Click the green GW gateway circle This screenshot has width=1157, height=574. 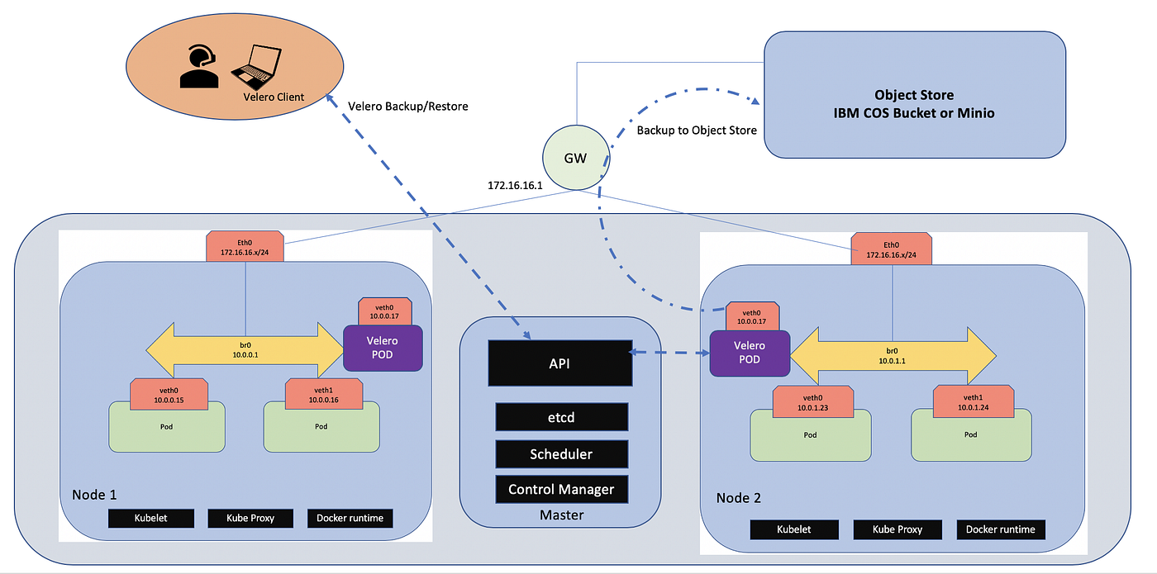point(575,158)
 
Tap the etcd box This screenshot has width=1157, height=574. point(561,417)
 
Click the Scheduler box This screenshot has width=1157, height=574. point(561,453)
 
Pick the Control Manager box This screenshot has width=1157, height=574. point(561,489)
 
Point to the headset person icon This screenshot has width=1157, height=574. point(199,67)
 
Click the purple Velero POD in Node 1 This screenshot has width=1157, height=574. point(383,347)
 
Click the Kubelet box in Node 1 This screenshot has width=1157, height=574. point(151,519)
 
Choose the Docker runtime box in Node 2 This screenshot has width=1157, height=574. point(1001,529)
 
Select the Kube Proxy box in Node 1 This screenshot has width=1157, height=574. point(250,519)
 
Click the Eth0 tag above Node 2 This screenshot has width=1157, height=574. point(892,248)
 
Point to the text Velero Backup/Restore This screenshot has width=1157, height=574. point(408,105)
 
